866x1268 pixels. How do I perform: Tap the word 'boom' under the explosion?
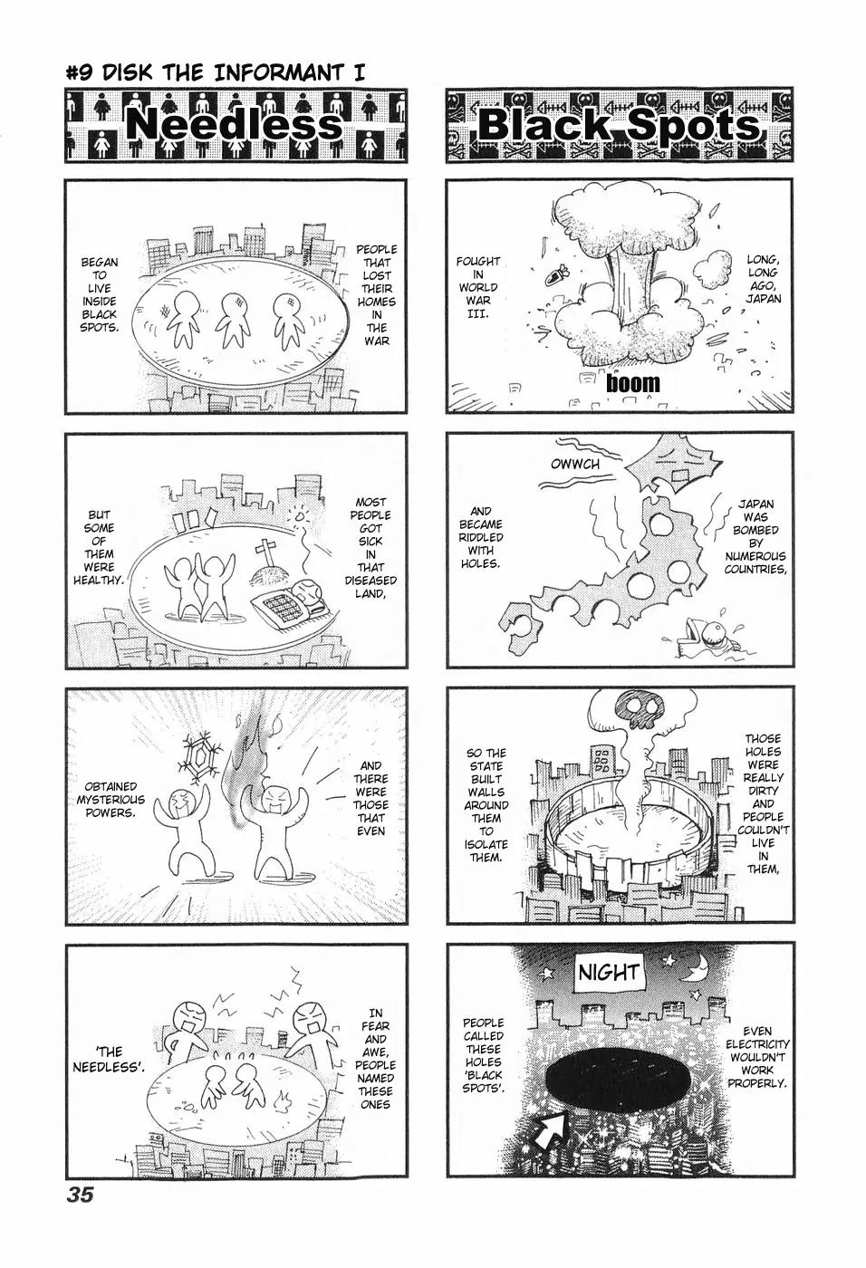pos(633,383)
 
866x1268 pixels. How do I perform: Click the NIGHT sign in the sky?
pos(609,973)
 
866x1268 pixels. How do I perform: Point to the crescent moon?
pos(696,971)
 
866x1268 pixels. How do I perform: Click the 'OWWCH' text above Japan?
pos(575,465)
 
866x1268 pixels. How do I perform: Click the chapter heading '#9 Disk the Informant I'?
pos(215,74)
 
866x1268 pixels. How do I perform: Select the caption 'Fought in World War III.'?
pos(478,288)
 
